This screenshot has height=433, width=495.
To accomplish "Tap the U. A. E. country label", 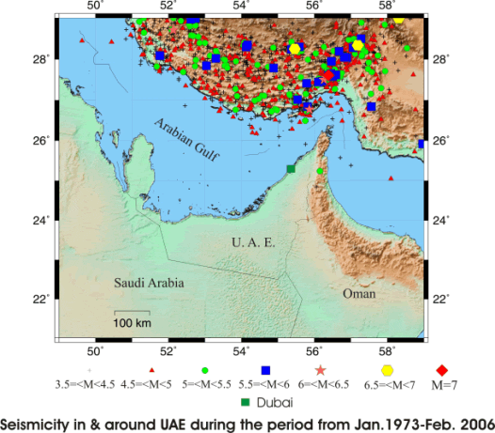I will [x=252, y=243].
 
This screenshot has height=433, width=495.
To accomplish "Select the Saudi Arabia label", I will [x=149, y=283].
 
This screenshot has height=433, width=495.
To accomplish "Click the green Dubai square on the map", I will [x=291, y=169].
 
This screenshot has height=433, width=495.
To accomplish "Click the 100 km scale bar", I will [x=132, y=312].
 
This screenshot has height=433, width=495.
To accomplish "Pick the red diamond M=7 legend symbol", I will [x=442, y=370].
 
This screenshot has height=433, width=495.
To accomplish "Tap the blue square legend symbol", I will [x=265, y=370].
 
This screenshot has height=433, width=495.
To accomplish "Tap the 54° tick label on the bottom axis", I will [x=241, y=351].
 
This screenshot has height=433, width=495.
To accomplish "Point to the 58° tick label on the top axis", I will [x=387, y=8].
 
